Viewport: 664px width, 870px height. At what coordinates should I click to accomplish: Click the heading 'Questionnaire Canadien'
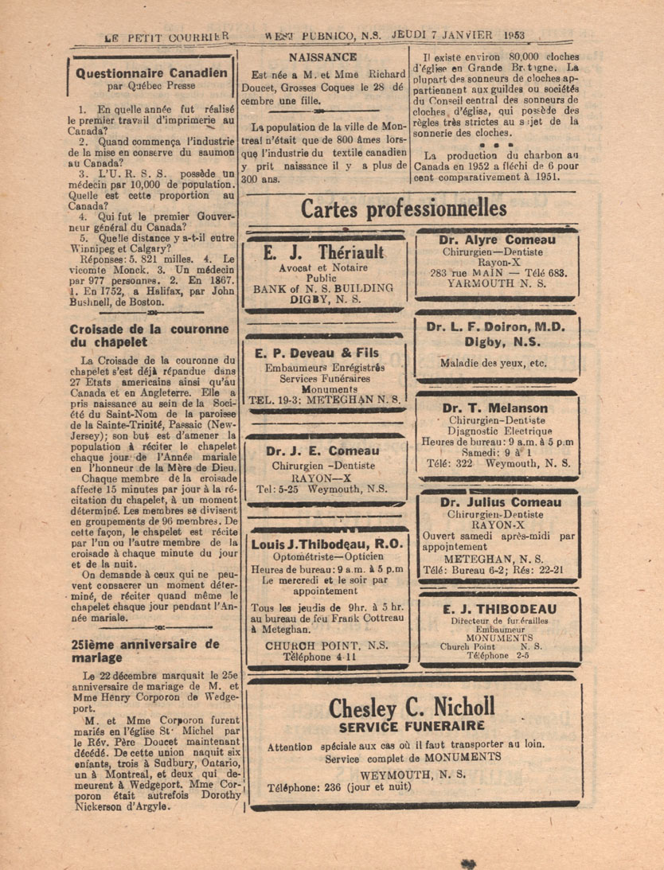(x=151, y=72)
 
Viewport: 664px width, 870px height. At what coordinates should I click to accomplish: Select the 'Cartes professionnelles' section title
(x=404, y=209)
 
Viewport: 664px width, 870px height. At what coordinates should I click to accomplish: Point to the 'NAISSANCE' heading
(x=322, y=57)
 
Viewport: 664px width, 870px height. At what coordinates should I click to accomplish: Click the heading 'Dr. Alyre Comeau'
(x=497, y=240)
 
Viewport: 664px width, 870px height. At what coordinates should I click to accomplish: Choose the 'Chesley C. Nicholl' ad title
(x=412, y=705)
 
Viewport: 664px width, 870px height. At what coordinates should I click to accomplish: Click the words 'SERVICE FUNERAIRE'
(x=412, y=726)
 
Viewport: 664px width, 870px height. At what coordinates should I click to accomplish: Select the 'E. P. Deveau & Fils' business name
(x=318, y=353)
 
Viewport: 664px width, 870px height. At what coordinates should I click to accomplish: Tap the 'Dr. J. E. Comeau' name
(x=323, y=451)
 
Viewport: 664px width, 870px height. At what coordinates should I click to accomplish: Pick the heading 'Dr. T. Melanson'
(x=497, y=408)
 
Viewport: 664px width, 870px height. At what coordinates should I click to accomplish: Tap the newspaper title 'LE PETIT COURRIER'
(x=167, y=36)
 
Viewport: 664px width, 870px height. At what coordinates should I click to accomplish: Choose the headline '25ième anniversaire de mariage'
(x=144, y=651)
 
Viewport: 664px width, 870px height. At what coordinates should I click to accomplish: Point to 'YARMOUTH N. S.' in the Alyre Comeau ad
(x=499, y=283)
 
